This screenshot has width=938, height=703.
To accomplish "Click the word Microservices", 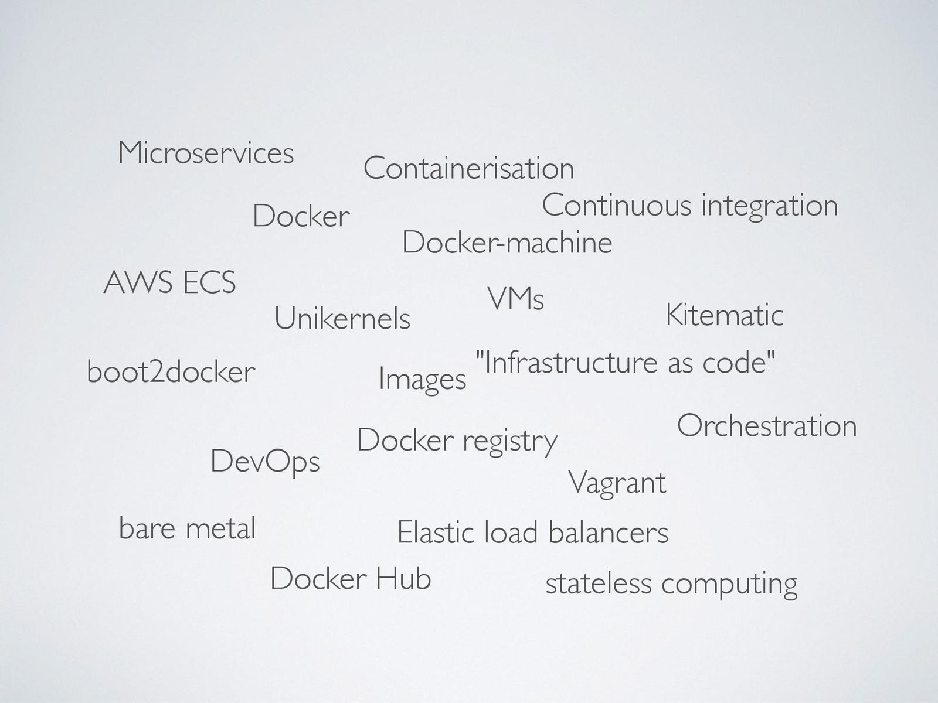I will tap(206, 153).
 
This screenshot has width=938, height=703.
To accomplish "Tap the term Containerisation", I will tap(468, 168).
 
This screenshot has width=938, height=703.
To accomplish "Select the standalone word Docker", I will tap(301, 216).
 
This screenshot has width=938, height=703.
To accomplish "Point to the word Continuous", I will tap(616, 206).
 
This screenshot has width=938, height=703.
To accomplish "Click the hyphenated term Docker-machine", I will tap(507, 243).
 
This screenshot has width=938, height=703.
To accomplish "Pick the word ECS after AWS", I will tap(209, 282).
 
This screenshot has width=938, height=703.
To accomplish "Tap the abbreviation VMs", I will tap(515, 299).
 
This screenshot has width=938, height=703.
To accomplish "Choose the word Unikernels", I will tap(342, 319).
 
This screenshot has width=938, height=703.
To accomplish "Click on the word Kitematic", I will tap(725, 315).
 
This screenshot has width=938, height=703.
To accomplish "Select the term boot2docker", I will tap(171, 372).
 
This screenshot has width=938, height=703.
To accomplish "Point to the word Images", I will tap(422, 379).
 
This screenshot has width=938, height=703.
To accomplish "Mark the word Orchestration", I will tap(767, 425).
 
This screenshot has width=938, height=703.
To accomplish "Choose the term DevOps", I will tap(265, 462).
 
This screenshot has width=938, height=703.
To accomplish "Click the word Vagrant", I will tap(617, 483).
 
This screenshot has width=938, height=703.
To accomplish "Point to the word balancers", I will tap(609, 533).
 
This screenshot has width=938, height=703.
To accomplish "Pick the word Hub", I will tap(403, 579).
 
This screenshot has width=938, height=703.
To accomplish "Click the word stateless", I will tap(599, 583).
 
